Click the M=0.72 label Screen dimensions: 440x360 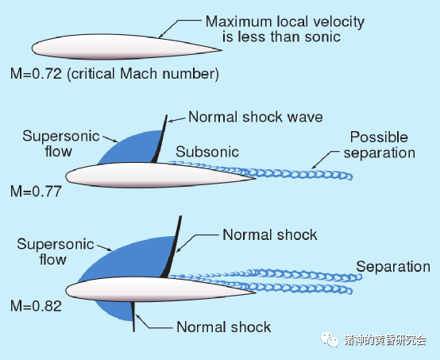coord(36,74)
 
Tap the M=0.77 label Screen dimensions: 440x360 coord(36,192)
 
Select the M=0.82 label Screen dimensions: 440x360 coord(36,306)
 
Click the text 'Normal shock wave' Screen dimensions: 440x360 coord(256,117)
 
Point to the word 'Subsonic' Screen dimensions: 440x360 coord(207,152)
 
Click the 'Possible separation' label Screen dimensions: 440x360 coord(380,145)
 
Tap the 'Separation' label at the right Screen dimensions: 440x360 coord(393,266)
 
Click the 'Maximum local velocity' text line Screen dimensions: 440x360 coord(285,22)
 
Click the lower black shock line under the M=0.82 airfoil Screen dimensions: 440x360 coord(133,316)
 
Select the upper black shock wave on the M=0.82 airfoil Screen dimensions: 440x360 coord(173,247)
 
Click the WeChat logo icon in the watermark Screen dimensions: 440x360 coord(330,340)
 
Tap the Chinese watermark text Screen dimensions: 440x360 coord(385,340)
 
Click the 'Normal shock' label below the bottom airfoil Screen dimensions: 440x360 coord(224,327)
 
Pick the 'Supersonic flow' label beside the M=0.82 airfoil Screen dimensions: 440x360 coord(56,252)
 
